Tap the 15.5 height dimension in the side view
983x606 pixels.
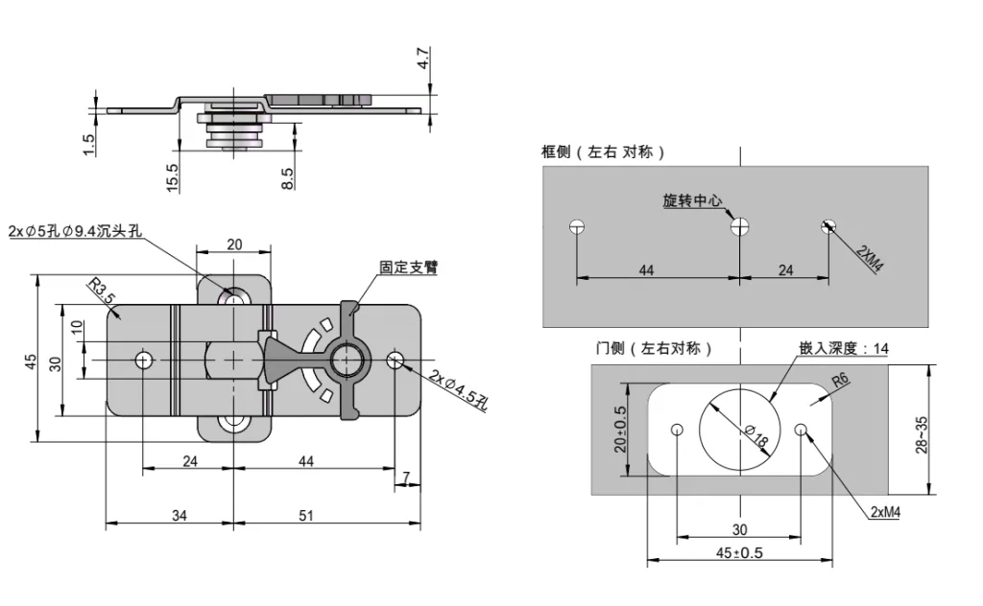(173, 177)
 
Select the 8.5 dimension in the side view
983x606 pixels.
(288, 177)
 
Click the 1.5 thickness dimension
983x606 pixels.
(89, 145)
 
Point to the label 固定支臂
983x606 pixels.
(408, 268)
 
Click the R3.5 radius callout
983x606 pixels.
(100, 291)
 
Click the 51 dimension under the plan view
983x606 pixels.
(306, 515)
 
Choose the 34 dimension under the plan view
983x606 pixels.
(179, 515)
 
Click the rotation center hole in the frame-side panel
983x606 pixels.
(739, 227)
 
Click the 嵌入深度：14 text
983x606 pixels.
(843, 349)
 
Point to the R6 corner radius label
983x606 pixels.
(841, 381)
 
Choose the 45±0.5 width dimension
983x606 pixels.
(739, 552)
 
